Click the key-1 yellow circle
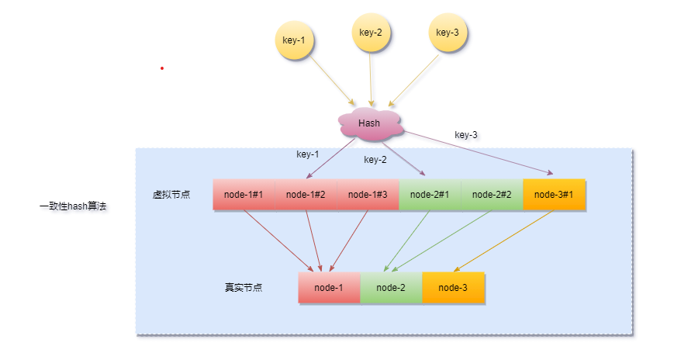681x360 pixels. coord(295,39)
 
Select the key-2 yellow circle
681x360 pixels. coord(371,33)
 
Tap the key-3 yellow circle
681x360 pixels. coord(448,33)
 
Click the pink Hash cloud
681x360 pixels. coord(370,124)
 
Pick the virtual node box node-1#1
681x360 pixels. coord(244,195)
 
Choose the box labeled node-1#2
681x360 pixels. coord(306,195)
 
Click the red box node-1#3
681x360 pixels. coord(368,195)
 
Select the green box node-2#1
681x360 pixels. coord(430,195)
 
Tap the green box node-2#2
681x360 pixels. coord(492,195)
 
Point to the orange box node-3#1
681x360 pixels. coord(554,195)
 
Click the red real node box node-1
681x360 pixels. coord(329,288)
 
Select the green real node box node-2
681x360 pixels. coord(391,288)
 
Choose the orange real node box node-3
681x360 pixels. coord(453,288)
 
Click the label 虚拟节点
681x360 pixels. coord(171,195)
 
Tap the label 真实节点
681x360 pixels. coord(244,288)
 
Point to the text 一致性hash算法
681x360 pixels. coord(72,207)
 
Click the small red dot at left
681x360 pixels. coord(162,68)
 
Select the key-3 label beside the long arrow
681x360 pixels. coord(466,135)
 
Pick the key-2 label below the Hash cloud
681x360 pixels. coord(375,160)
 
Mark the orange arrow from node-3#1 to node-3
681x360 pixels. coord(504,241)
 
